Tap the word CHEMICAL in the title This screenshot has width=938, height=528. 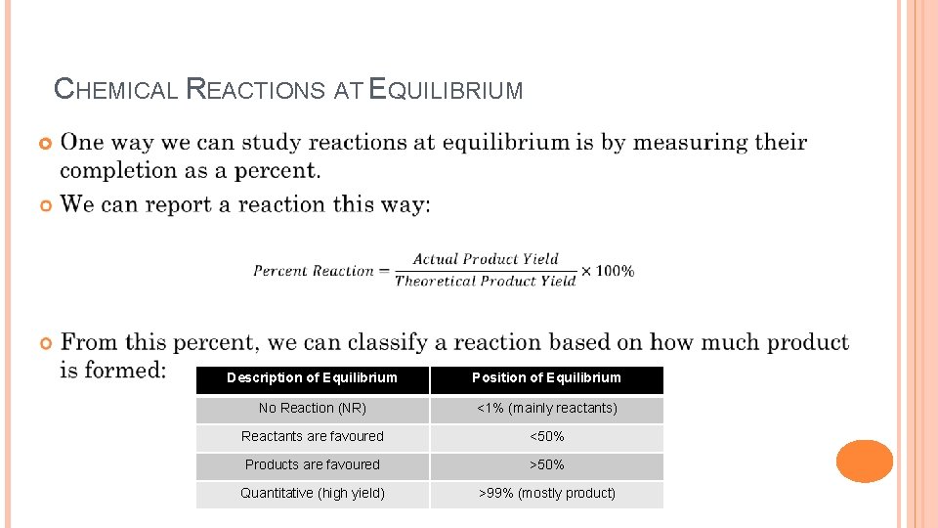pyautogui.click(x=115, y=90)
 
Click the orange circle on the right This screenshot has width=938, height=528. pyautogui.click(x=865, y=462)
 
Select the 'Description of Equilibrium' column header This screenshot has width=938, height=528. pyautogui.click(x=312, y=378)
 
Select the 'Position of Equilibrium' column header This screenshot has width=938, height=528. pyautogui.click(x=546, y=378)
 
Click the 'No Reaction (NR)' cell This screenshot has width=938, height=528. pyautogui.click(x=312, y=408)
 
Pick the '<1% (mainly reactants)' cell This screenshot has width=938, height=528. pyautogui.click(x=546, y=408)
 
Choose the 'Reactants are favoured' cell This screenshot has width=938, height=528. pyautogui.click(x=312, y=436)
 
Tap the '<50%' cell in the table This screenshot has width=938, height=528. pyautogui.click(x=546, y=436)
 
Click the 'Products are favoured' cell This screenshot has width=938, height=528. pyautogui.click(x=312, y=464)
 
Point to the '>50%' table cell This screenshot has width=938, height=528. pyautogui.click(x=546, y=464)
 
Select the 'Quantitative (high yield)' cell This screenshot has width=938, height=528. pyautogui.click(x=312, y=493)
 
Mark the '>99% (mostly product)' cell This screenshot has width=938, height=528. pyautogui.click(x=546, y=493)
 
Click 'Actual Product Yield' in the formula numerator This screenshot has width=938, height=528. pyautogui.click(x=486, y=259)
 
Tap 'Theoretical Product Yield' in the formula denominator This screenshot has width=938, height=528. pyautogui.click(x=486, y=282)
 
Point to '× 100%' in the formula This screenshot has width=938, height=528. pyautogui.click(x=608, y=271)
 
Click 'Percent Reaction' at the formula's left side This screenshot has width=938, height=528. pyautogui.click(x=313, y=271)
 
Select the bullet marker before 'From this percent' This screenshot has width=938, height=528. pyautogui.click(x=45, y=343)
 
